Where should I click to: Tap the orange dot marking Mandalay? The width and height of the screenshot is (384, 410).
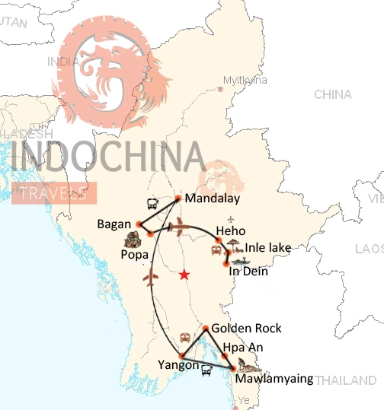point(178,199)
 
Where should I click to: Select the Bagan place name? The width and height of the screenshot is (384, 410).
point(115,224)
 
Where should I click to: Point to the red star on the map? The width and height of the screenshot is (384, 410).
point(184,275)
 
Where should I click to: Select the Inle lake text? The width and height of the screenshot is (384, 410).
point(268,247)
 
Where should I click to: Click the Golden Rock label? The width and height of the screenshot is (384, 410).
point(247,329)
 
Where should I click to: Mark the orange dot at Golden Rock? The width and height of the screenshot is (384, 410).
point(206,329)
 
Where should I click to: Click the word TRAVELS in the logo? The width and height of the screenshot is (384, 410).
point(54,193)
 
